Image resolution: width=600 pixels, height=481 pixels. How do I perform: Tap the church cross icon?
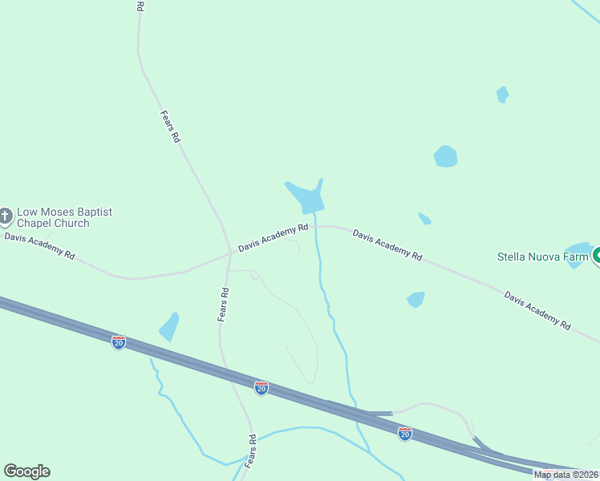tap(6, 216)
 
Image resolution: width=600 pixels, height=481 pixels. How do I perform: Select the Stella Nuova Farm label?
tap(543, 257)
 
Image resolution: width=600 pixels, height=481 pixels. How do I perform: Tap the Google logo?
tap(26, 471)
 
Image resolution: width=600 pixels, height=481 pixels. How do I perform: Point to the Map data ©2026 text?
tap(566, 475)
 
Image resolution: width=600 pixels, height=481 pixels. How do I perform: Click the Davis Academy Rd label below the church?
tap(39, 245)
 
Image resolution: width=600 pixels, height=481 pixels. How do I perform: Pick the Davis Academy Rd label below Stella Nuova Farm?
tap(537, 309)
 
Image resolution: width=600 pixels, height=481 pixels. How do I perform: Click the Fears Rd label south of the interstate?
tap(250, 452)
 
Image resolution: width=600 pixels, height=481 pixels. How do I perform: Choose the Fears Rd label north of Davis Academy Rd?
tap(170, 127)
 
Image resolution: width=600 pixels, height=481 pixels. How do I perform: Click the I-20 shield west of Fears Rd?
tap(119, 342)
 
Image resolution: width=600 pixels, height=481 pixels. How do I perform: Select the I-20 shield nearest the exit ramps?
tap(405, 434)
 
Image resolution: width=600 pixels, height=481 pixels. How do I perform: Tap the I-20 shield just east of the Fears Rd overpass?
tap(261, 388)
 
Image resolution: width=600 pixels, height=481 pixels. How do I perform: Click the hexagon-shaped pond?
tap(445, 156)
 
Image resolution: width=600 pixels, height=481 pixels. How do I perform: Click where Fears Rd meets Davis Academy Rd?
tap(230, 253)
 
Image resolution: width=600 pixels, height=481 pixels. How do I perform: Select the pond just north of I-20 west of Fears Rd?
tap(169, 325)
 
